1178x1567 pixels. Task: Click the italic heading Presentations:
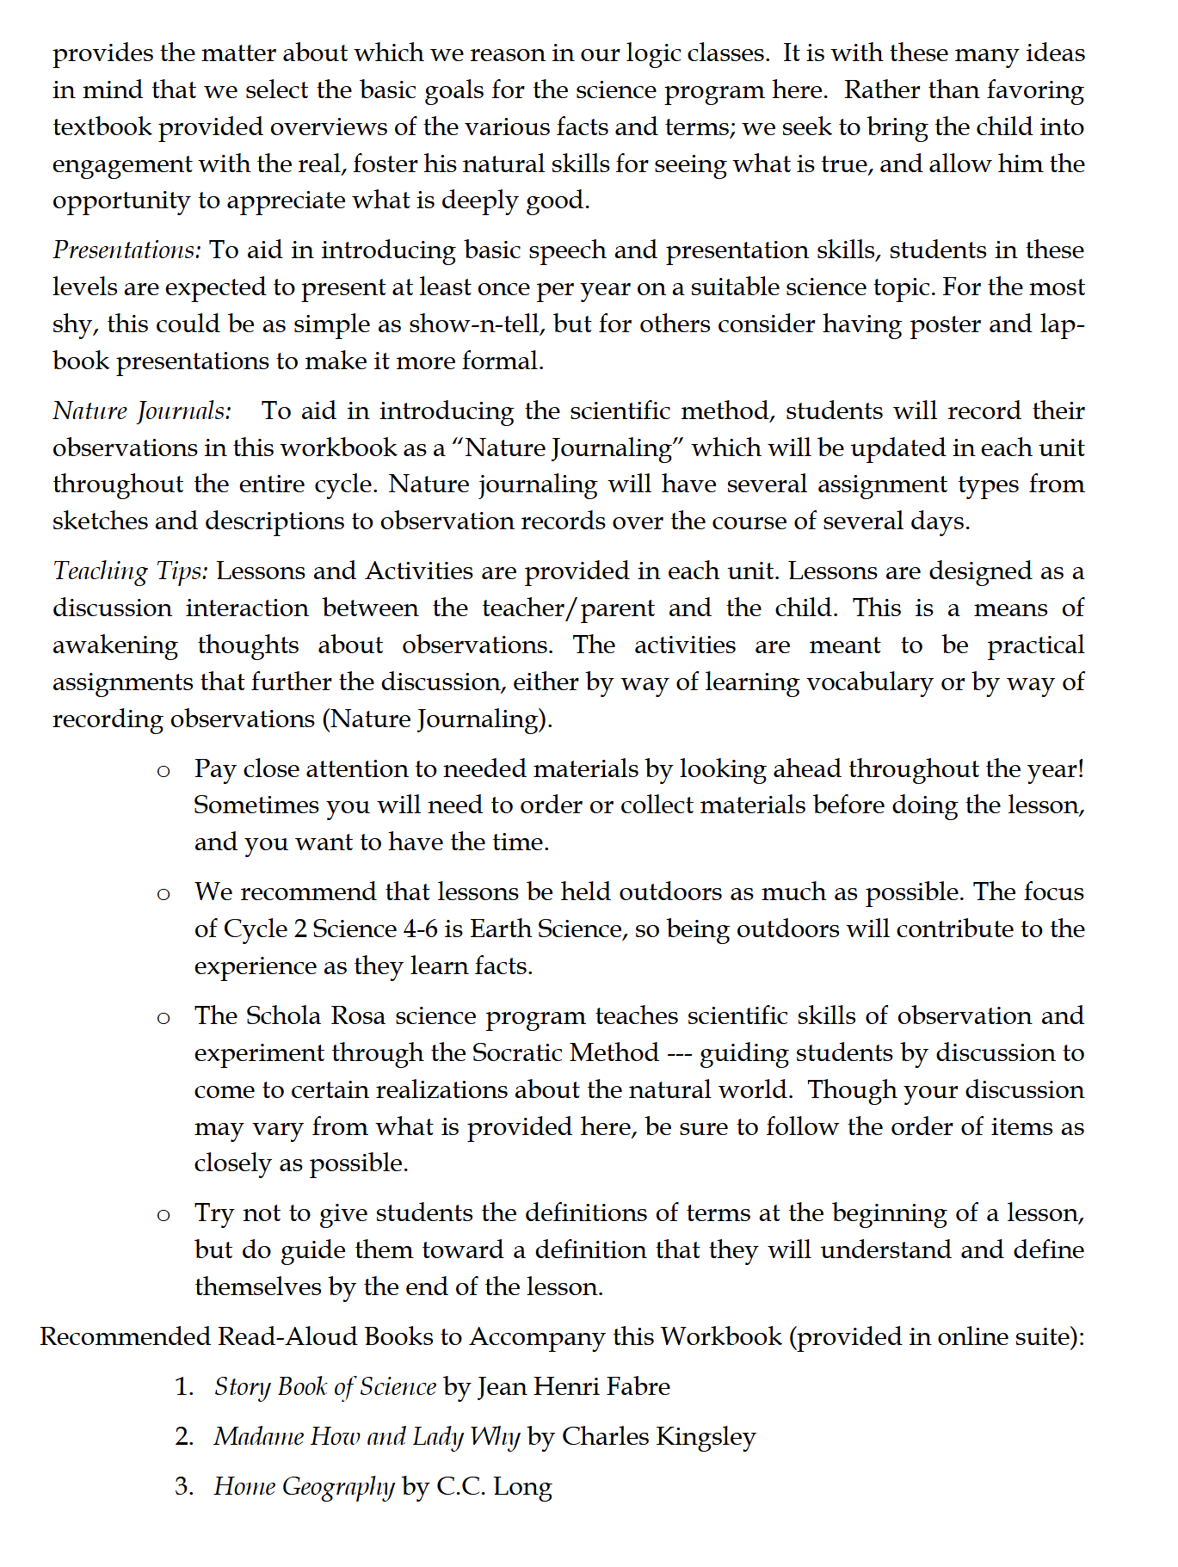pos(126,250)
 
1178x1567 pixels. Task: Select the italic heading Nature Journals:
pos(142,411)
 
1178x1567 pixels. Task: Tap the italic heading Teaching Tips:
pos(130,571)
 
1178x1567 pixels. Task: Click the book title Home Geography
pos(304,1487)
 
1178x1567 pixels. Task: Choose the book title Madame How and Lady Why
pos(367,1437)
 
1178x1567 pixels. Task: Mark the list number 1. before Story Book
pos(184,1387)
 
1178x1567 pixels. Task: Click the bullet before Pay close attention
pos(163,771)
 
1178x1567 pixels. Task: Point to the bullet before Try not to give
pos(163,1215)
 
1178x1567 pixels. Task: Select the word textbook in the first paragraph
pos(102,127)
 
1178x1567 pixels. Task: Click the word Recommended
pos(125,1337)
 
